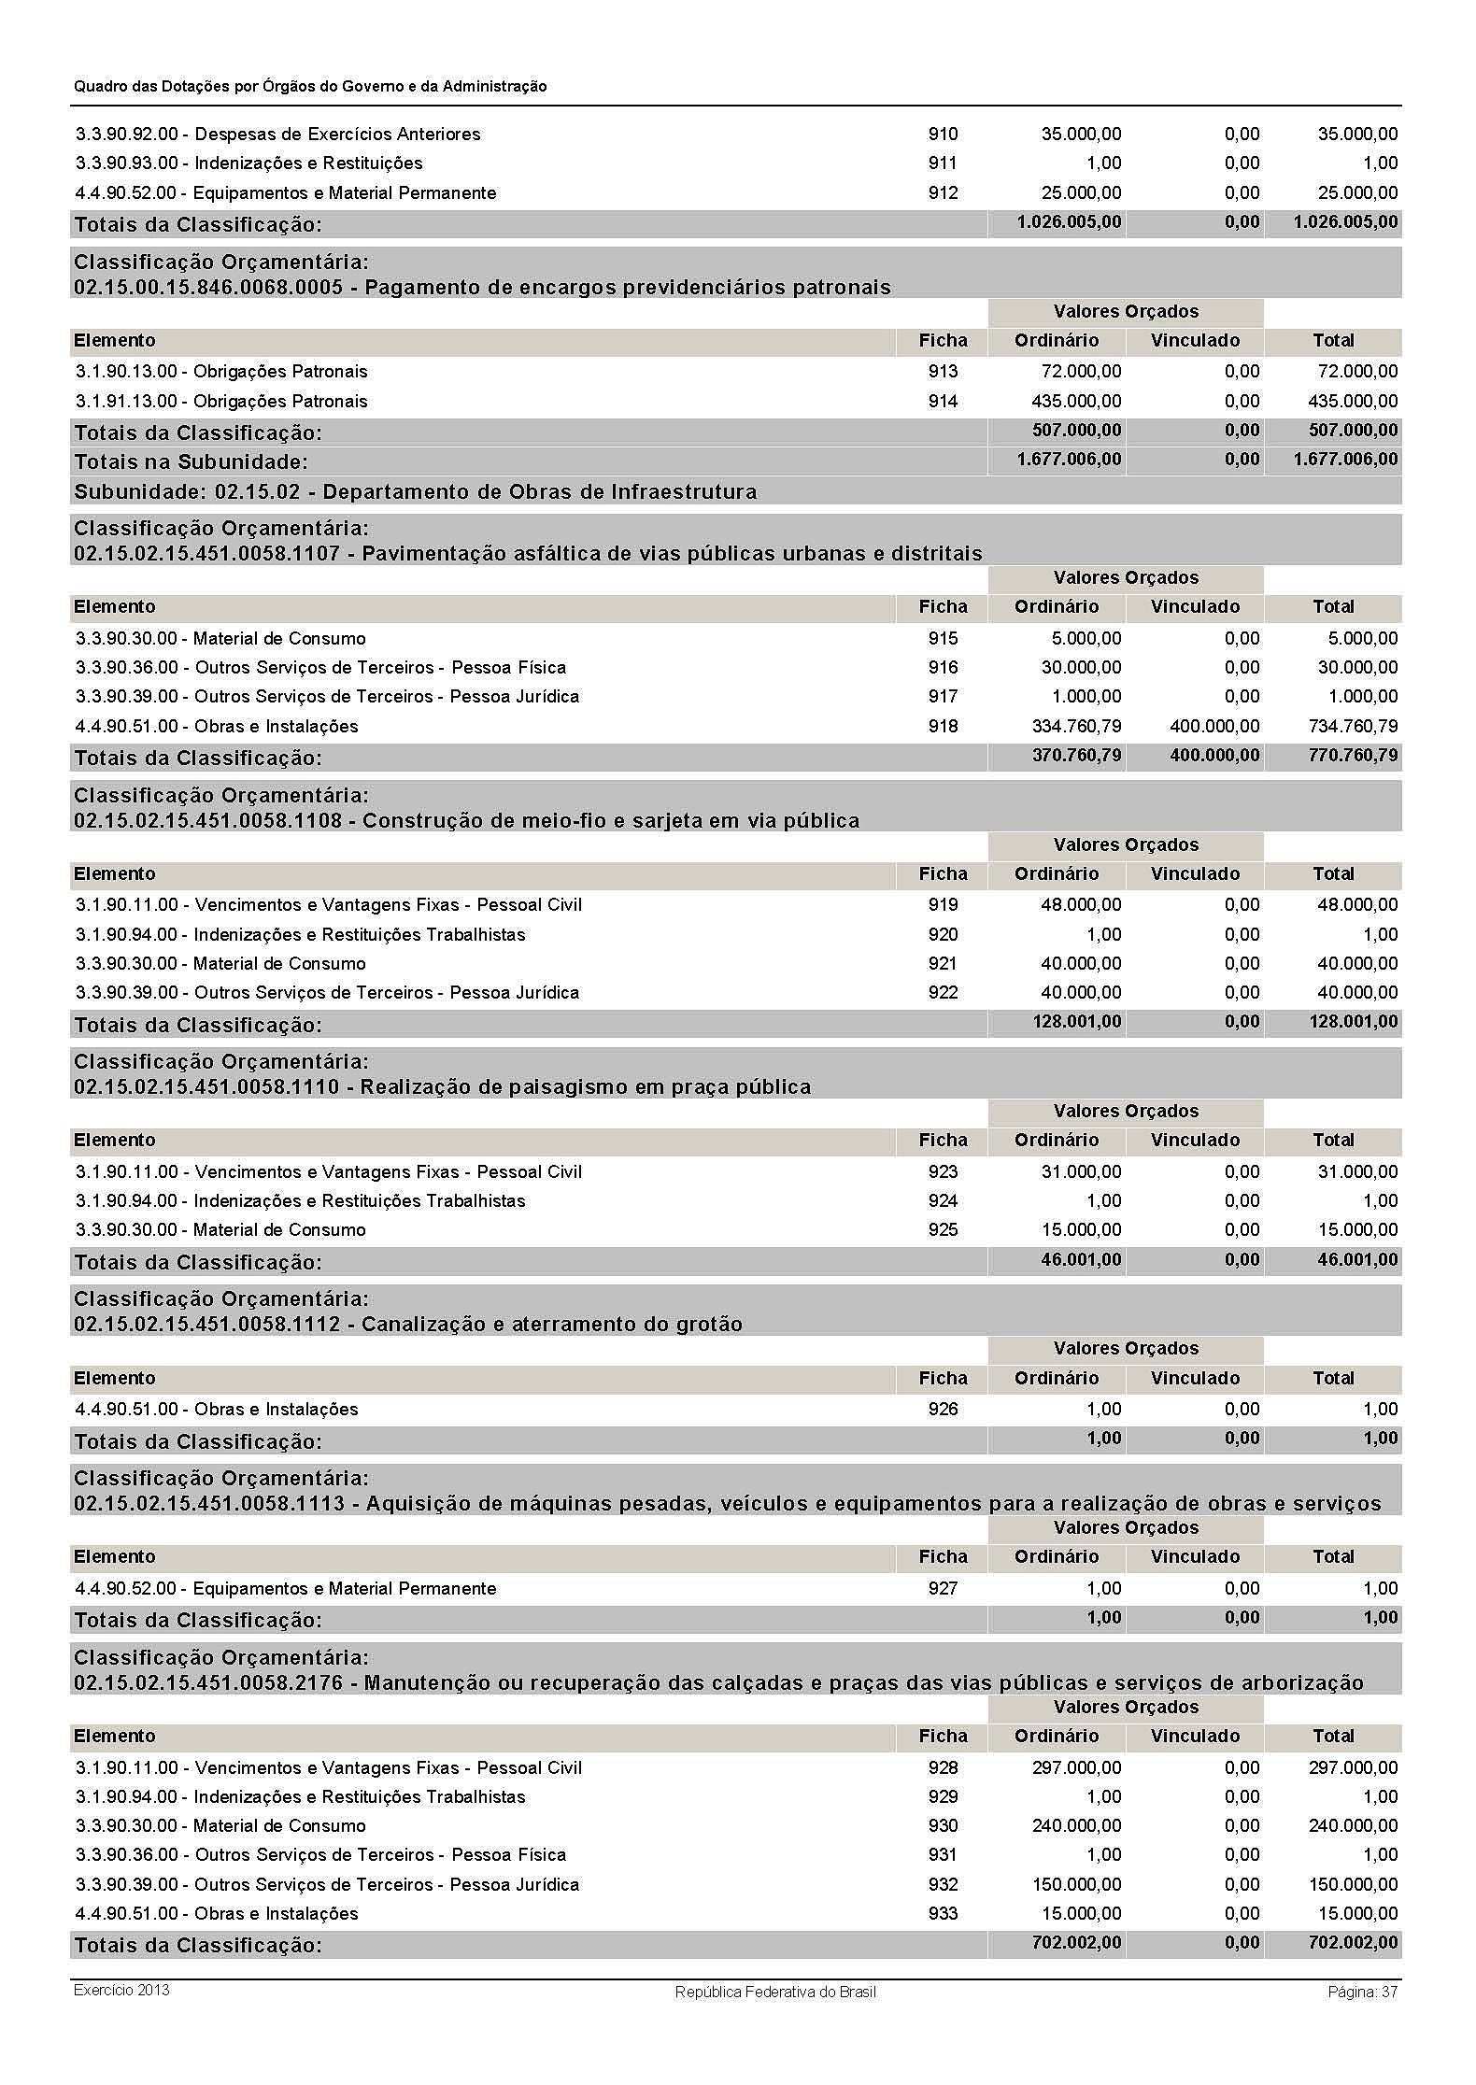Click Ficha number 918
pyautogui.click(x=943, y=726)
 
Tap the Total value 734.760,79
pyautogui.click(x=1354, y=726)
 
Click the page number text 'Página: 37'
pyautogui.click(x=1362, y=1992)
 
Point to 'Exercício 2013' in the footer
pyautogui.click(x=121, y=1990)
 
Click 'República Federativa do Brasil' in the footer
pyautogui.click(x=775, y=1992)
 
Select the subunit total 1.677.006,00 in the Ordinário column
pyautogui.click(x=1069, y=460)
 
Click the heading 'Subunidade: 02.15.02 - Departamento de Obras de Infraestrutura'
pyautogui.click(x=416, y=491)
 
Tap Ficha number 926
pyautogui.click(x=943, y=1409)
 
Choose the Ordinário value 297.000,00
pyautogui.click(x=1076, y=1767)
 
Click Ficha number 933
pyautogui.click(x=943, y=1913)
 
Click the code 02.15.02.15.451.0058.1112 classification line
pyautogui.click(x=408, y=1324)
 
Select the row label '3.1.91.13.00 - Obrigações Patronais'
pyautogui.click(x=222, y=401)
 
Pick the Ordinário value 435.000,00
pyautogui.click(x=1076, y=401)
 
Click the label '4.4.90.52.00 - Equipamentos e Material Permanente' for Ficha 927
pyautogui.click(x=286, y=1588)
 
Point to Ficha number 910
pyautogui.click(x=943, y=134)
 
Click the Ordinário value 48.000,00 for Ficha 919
pyautogui.click(x=1081, y=904)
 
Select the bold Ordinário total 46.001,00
pyautogui.click(x=1081, y=1259)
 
